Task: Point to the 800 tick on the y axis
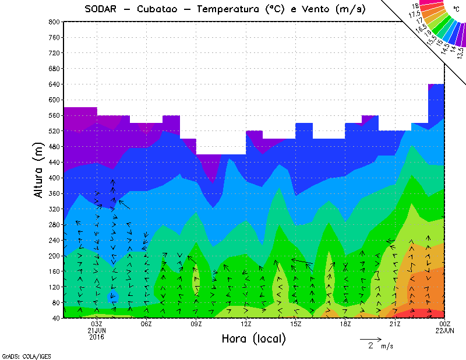[53, 22]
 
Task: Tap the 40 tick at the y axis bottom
[55, 318]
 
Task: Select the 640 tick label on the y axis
[53, 84]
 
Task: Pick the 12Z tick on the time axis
[246, 324]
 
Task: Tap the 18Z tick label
[345, 324]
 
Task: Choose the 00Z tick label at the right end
[445, 324]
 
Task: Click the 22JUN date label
[445, 330]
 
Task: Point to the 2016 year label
[97, 337]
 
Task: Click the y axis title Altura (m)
[39, 170]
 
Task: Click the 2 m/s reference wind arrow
[370, 338]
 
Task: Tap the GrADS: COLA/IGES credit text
[20, 355]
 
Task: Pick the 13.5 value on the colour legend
[460, 52]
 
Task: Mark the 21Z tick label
[395, 324]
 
